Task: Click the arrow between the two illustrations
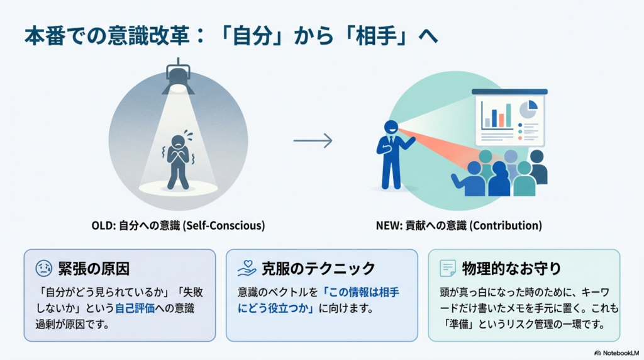tap(313, 140)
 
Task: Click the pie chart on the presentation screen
tap(528, 111)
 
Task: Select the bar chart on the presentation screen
tap(495, 115)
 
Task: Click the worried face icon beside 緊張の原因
tap(43, 269)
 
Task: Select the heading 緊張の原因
tap(93, 269)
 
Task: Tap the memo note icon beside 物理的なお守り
tap(447, 269)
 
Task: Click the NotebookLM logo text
tap(619, 352)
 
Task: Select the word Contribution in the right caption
tap(508, 225)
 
